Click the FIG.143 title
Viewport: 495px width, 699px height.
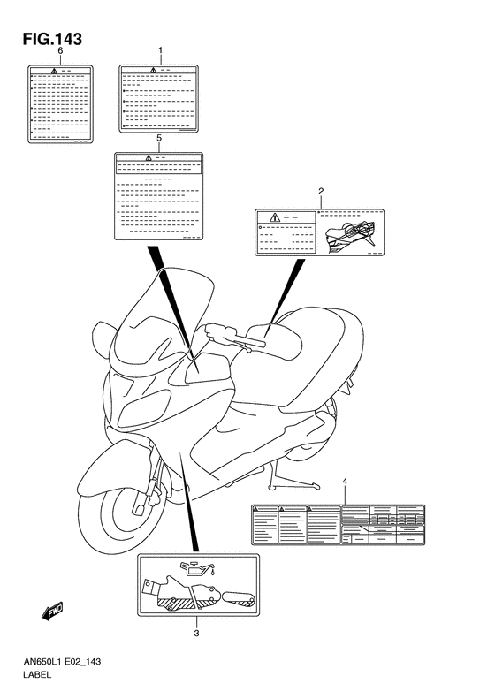coord(53,39)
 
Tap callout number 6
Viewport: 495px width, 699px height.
coord(61,50)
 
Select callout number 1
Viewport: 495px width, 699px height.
coord(160,50)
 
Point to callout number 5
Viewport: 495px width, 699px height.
coord(159,138)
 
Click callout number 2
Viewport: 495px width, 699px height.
coord(321,192)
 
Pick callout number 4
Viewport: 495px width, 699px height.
coord(345,481)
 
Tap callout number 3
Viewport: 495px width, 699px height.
coord(196,634)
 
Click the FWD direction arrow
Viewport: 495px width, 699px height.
coord(52,611)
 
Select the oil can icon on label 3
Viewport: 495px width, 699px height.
coord(197,567)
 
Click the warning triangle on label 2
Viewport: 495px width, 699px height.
coord(274,217)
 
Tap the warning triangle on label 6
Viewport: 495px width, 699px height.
coord(55,71)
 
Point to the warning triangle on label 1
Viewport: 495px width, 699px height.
coord(154,70)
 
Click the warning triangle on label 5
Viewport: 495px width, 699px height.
coord(148,157)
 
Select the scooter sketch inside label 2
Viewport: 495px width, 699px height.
coord(350,235)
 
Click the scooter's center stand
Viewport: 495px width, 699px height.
coord(292,479)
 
